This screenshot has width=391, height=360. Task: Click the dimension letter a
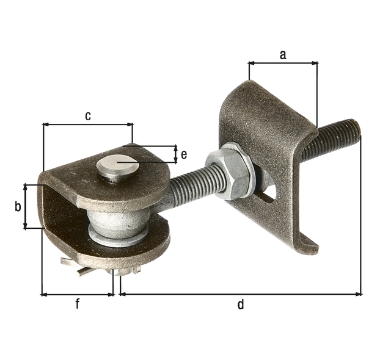click(282, 54)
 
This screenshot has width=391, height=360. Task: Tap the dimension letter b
click(17, 206)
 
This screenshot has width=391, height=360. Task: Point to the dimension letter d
click(241, 304)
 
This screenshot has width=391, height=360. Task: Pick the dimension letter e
click(184, 154)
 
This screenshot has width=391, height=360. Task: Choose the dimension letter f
click(78, 304)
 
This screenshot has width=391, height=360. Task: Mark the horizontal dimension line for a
click(283, 62)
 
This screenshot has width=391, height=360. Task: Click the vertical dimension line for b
click(25, 206)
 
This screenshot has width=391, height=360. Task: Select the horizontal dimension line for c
click(88, 124)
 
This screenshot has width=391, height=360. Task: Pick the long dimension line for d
click(241, 294)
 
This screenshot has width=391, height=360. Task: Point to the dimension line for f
click(78, 294)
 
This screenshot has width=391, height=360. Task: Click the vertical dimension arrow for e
click(176, 154)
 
